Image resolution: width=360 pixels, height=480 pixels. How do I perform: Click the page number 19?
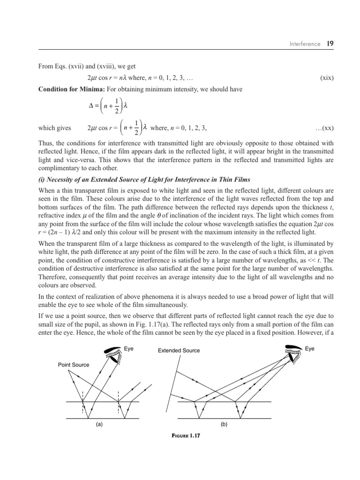click(x=330, y=44)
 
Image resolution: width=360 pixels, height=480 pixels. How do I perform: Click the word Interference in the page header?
click(x=305, y=44)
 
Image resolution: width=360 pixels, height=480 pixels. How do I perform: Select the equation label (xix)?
click(x=327, y=78)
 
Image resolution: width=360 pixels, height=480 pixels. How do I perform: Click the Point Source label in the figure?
click(x=74, y=365)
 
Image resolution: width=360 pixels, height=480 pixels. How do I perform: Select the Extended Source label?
click(x=179, y=350)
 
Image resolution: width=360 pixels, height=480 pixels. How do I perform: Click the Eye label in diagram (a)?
click(x=129, y=349)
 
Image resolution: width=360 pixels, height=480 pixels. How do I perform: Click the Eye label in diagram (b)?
click(x=310, y=349)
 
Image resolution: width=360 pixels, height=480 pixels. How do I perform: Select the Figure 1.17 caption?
click(x=186, y=436)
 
